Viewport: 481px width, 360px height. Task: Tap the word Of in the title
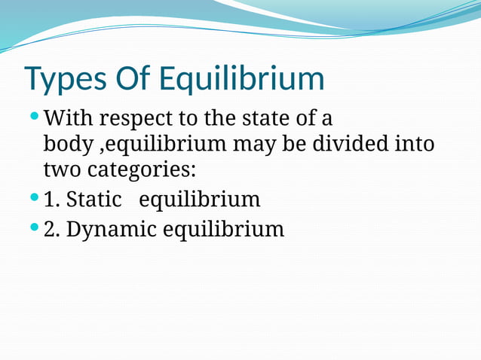[x=131, y=79]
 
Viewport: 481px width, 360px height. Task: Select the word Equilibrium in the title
[x=242, y=79]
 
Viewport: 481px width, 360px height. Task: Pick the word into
[x=415, y=143]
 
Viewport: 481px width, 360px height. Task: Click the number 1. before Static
[x=52, y=200]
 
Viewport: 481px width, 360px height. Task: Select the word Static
[x=94, y=200]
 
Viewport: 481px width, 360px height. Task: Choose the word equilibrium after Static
[x=200, y=200]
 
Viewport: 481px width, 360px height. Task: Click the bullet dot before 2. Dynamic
[x=33, y=227]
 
